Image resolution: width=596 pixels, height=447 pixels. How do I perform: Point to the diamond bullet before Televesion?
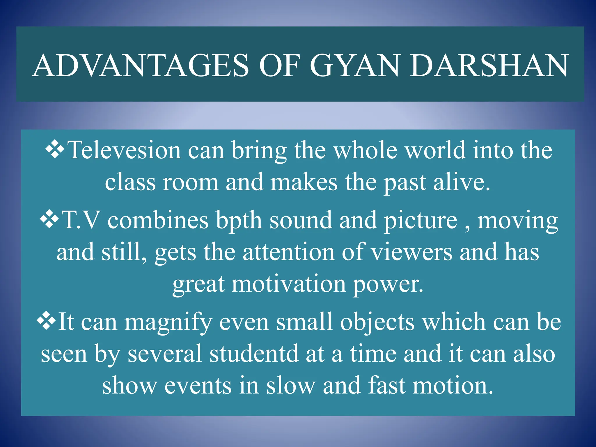55,149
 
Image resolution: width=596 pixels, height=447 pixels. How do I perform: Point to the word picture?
421,221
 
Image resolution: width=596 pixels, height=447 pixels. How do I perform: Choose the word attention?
288,252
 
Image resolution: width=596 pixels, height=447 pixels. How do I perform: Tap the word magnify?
168,322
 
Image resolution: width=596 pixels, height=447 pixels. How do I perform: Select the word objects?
377,322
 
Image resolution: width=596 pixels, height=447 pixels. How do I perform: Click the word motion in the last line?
453,386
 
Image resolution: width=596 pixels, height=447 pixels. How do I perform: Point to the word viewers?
412,252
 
